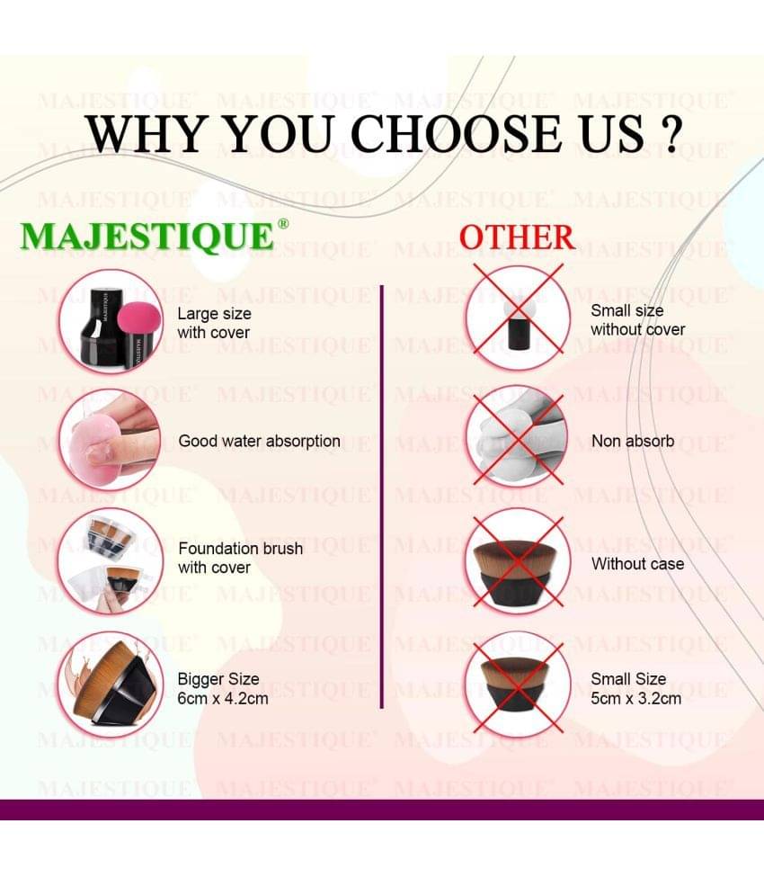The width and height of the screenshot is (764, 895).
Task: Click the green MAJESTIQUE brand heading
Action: [147, 236]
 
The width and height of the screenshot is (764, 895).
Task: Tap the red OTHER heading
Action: [517, 237]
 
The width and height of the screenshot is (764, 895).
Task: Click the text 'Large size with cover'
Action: [214, 323]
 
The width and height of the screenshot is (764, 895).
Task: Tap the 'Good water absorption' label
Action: [260, 442]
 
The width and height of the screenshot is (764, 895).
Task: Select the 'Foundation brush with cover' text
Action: [240, 558]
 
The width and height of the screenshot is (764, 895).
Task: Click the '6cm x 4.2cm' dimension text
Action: [223, 698]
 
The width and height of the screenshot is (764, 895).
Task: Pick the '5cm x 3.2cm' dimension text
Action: [636, 698]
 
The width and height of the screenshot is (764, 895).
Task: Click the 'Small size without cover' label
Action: [638, 320]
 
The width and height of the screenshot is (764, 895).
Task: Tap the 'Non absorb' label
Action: [633, 442]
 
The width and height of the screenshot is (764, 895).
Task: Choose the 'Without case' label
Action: [638, 564]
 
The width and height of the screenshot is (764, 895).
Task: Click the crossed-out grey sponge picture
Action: [518, 436]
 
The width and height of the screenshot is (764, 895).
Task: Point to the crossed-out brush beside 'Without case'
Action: [518, 562]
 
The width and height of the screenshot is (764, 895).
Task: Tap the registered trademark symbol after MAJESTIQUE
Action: [282, 224]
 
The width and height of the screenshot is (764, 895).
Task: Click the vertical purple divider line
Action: [381, 497]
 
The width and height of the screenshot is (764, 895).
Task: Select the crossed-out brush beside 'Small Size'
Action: [518, 685]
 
